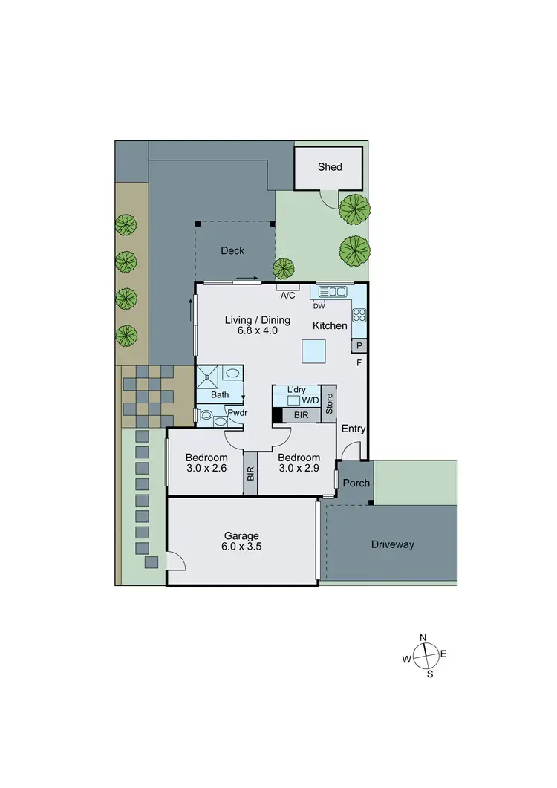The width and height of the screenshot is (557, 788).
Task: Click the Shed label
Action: click(x=330, y=167)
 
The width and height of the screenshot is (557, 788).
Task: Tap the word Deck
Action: click(x=232, y=251)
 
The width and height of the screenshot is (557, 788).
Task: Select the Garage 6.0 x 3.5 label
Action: click(x=242, y=541)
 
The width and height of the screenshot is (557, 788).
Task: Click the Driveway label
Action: click(x=393, y=544)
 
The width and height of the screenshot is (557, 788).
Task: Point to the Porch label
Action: click(x=356, y=483)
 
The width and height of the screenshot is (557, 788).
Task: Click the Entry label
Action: click(x=354, y=429)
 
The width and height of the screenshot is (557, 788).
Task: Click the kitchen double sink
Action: click(x=333, y=293)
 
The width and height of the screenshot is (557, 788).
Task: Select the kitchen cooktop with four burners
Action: click(x=359, y=314)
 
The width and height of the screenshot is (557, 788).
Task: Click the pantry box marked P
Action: click(x=359, y=346)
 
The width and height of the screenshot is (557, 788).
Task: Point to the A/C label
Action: click(x=288, y=296)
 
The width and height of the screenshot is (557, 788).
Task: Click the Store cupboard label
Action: click(x=330, y=403)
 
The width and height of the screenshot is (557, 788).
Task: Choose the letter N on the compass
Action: click(x=423, y=638)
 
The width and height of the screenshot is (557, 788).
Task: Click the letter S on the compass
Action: click(x=429, y=674)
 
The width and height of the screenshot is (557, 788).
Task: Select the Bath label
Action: click(x=220, y=394)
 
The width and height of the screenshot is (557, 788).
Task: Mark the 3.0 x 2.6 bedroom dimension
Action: click(x=206, y=469)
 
